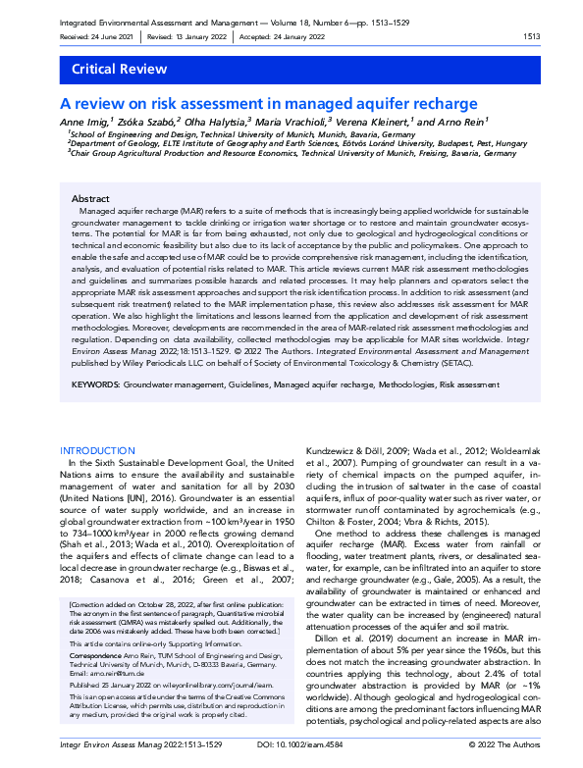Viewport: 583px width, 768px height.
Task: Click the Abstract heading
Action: [x=91, y=198]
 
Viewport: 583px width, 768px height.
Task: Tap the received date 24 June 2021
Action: [x=109, y=36]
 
